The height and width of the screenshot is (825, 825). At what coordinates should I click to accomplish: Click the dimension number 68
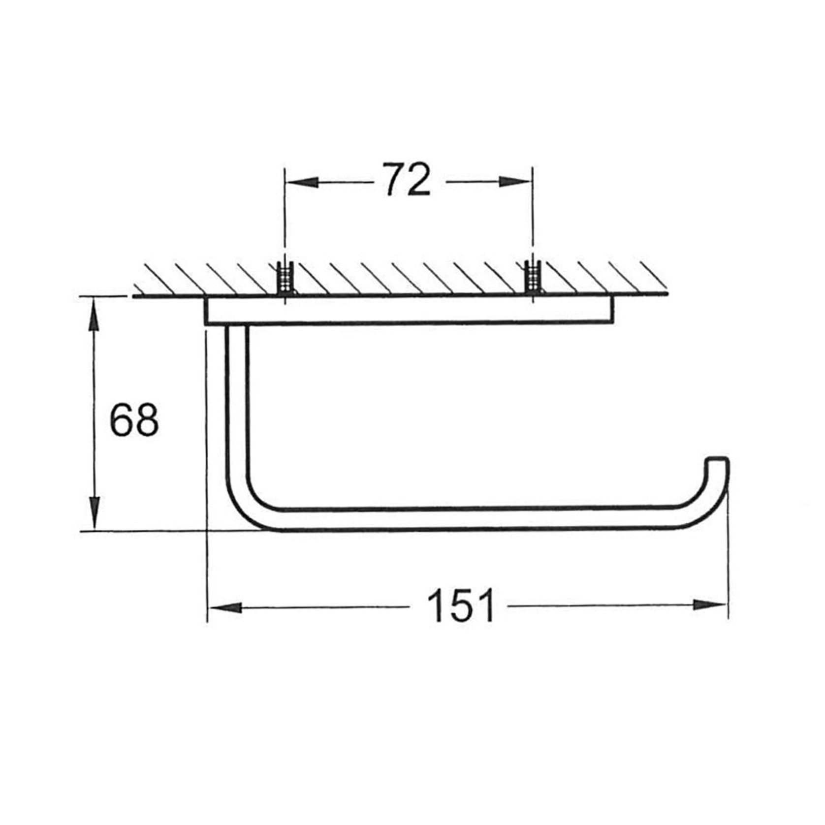[134, 420]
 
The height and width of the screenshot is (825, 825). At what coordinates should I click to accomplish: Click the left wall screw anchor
[285, 279]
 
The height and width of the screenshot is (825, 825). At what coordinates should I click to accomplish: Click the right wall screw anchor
[532, 279]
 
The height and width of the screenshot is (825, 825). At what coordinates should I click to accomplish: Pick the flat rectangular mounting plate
[409, 311]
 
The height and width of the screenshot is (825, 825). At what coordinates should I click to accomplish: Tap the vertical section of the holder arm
[236, 404]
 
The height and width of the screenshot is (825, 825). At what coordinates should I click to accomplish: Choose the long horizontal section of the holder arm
[468, 519]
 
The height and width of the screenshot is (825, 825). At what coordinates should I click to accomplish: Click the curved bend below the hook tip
[709, 507]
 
